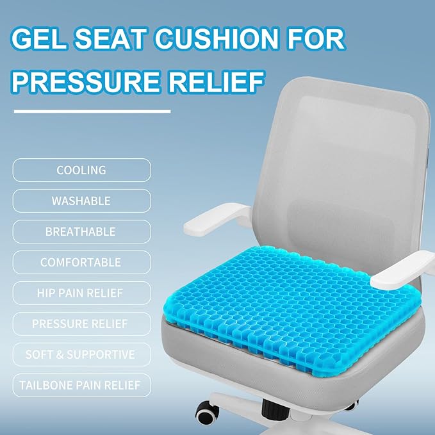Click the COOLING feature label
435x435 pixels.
click(x=81, y=170)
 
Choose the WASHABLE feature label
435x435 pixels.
click(x=81, y=201)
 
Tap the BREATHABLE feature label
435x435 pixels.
click(x=81, y=232)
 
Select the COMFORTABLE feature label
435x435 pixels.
click(x=81, y=263)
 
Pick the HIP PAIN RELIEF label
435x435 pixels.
click(x=81, y=293)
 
